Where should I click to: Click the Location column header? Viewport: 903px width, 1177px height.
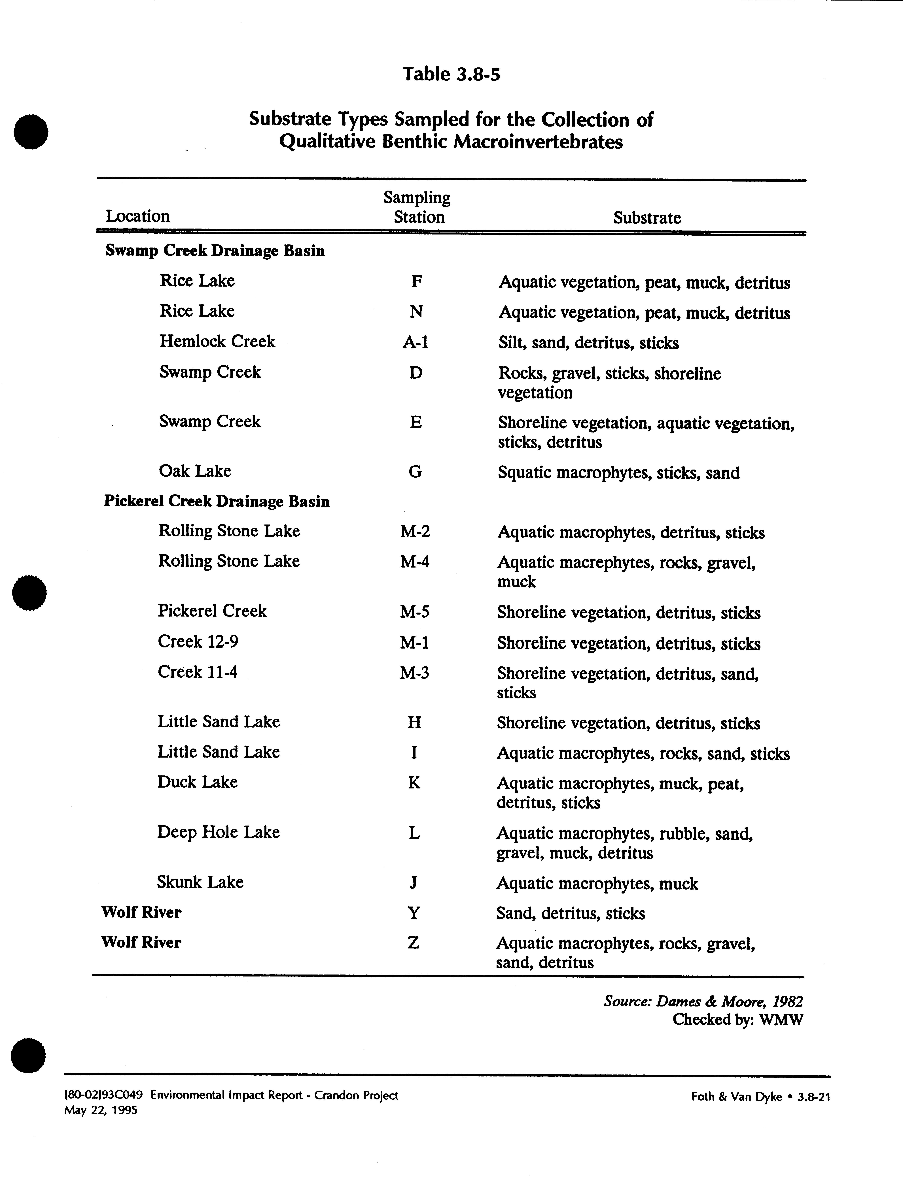(x=138, y=216)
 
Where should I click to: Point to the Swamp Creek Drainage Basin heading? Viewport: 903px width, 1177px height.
(x=215, y=251)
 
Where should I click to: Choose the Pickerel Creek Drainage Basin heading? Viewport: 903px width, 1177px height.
(x=217, y=501)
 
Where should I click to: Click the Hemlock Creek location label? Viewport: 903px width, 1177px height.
(x=217, y=341)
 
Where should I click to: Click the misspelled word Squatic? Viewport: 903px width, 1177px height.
(x=524, y=473)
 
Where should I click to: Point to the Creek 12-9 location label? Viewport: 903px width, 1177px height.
(x=198, y=641)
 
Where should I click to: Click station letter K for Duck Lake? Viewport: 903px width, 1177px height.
(x=414, y=783)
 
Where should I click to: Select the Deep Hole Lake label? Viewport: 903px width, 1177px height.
(x=218, y=832)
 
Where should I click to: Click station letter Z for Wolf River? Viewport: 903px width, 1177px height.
(x=413, y=942)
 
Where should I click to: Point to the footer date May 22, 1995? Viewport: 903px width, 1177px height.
(x=101, y=1110)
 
